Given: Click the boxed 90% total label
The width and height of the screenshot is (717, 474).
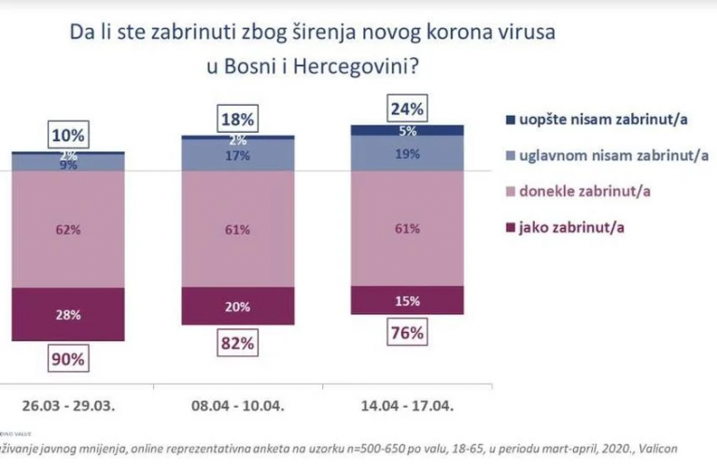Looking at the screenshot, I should [x=67, y=359].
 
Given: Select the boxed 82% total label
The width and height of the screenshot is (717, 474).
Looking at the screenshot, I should [x=237, y=343].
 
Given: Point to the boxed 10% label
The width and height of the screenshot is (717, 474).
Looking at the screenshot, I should [x=67, y=134].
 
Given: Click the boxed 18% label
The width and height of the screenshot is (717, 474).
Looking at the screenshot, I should [x=237, y=119].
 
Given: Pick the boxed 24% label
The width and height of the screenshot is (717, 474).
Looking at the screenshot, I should [x=406, y=108].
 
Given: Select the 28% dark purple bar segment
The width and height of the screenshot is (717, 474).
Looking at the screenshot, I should [x=67, y=314].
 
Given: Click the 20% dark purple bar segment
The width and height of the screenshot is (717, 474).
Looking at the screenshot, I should [x=237, y=306].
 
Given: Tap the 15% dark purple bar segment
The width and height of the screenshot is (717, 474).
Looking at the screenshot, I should [x=406, y=300].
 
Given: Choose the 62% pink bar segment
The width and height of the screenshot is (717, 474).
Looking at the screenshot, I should [x=67, y=229].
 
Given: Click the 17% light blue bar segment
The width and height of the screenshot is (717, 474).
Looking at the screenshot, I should [x=237, y=156].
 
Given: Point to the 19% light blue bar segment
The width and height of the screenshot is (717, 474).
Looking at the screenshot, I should [x=406, y=153].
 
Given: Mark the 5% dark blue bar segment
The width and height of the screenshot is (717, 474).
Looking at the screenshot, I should [x=406, y=131].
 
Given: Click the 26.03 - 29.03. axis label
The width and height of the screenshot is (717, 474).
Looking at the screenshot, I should [x=67, y=408].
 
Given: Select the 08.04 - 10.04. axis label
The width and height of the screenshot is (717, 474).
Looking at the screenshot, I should [x=237, y=408].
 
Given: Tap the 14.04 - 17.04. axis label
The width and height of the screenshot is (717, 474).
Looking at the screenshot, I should [x=406, y=408].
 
